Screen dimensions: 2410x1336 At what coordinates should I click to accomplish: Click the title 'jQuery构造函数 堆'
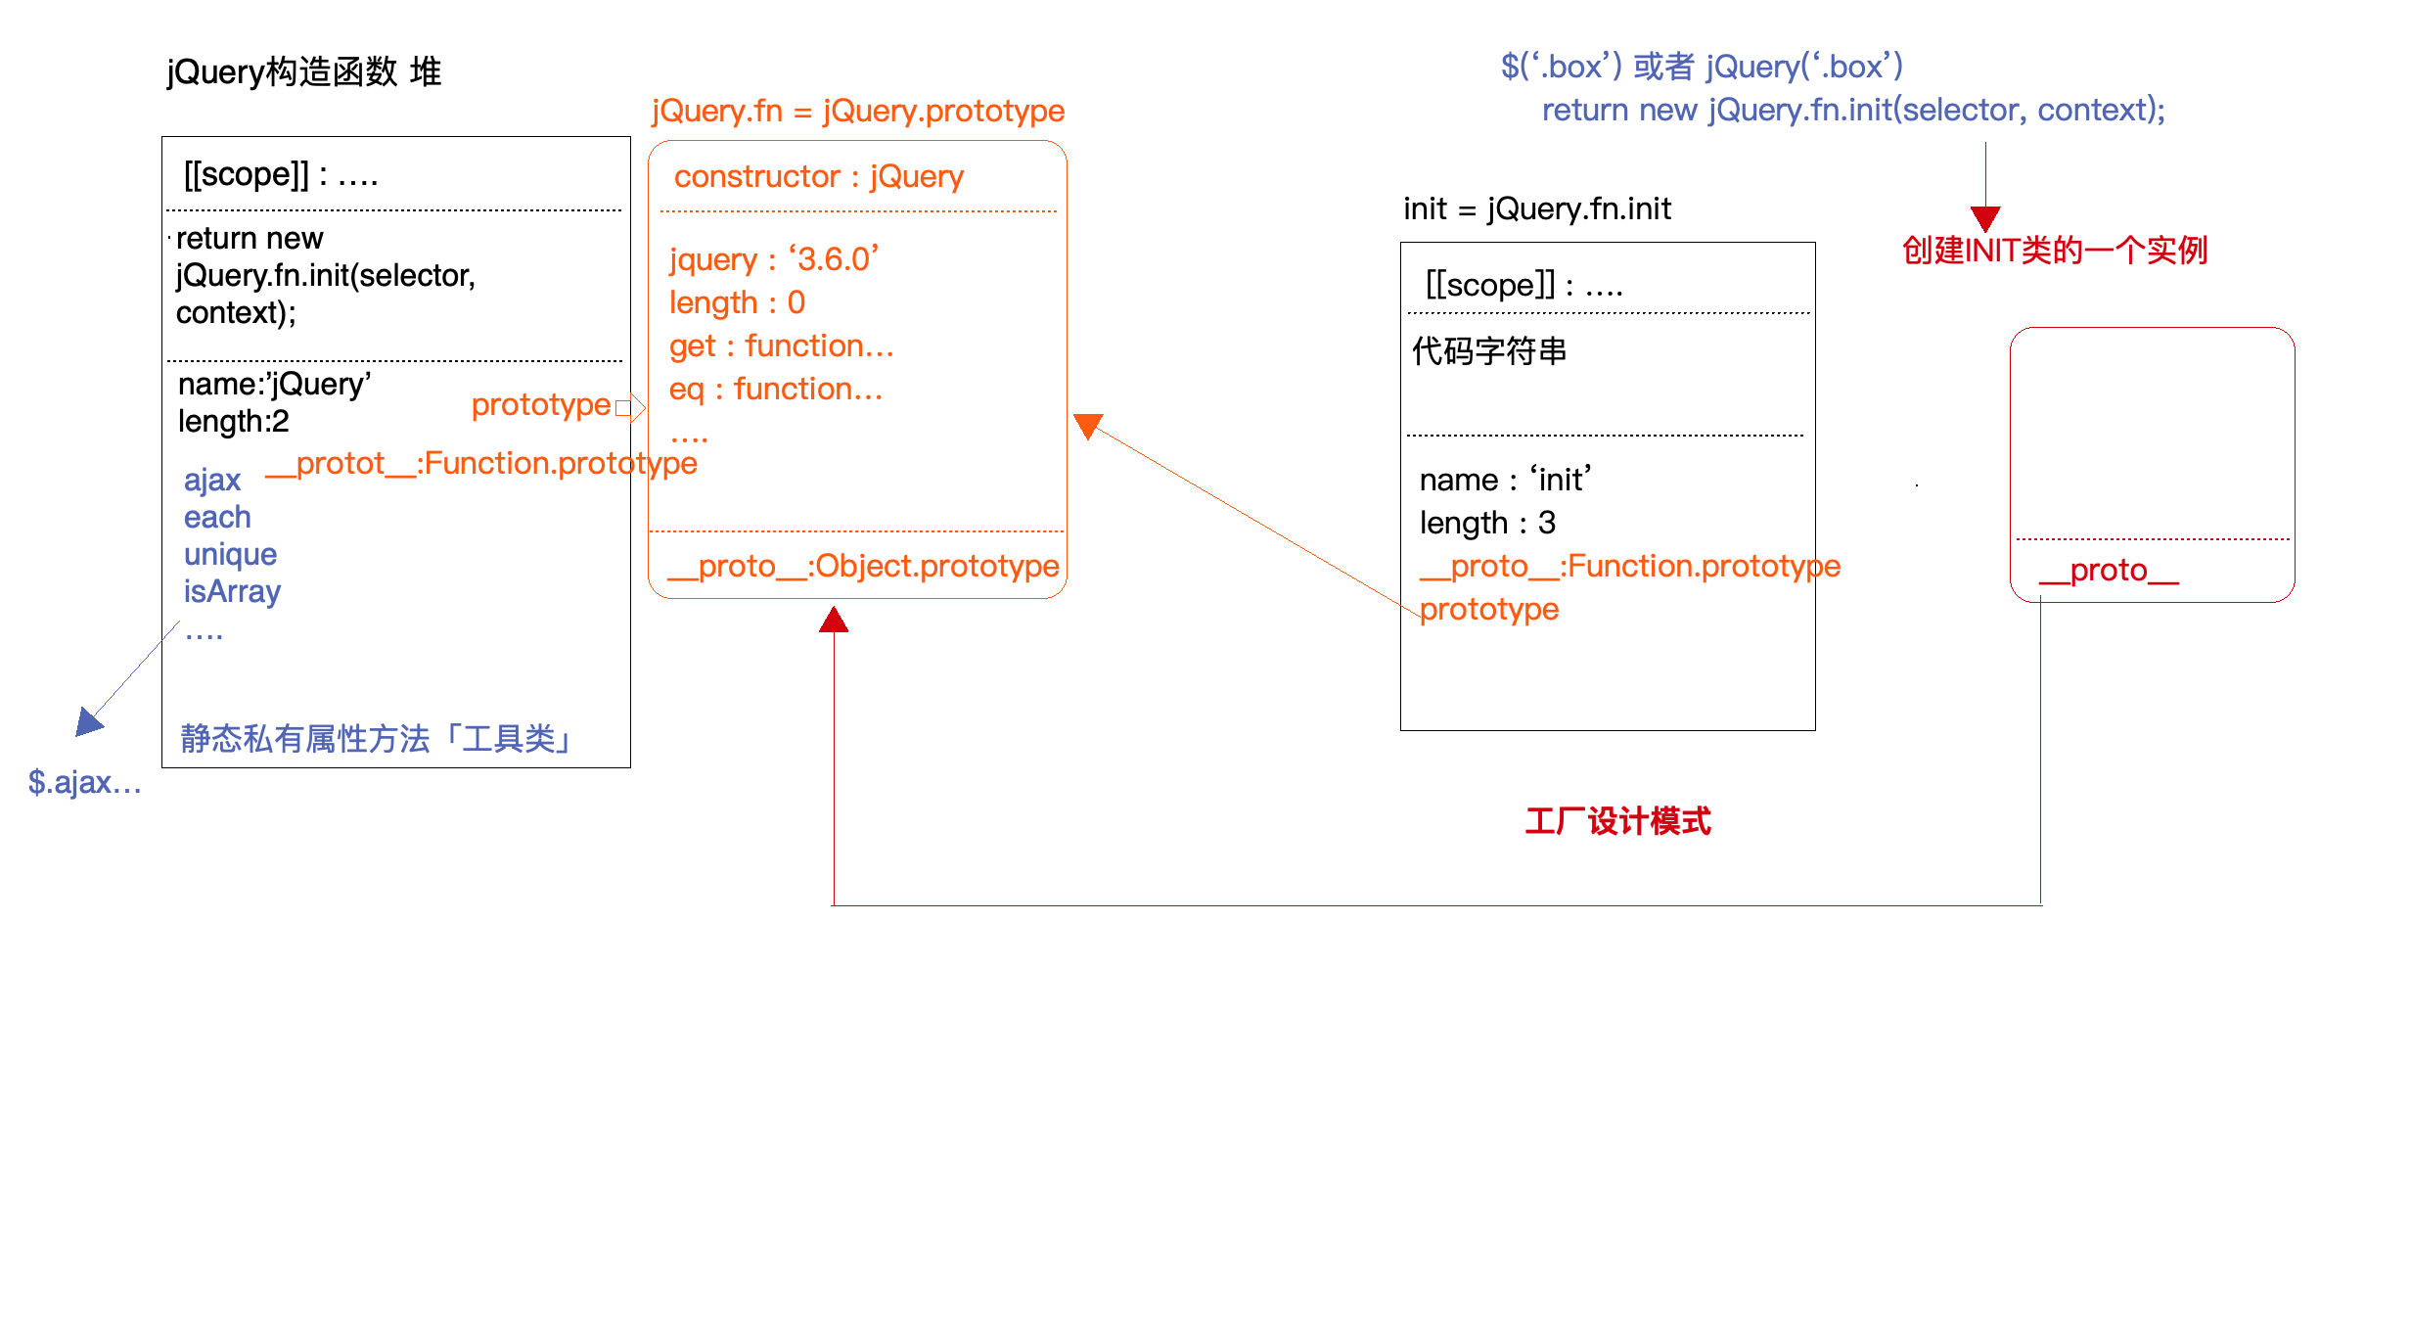point(304,72)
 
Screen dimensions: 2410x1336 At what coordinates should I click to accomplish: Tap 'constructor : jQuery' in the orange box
point(819,177)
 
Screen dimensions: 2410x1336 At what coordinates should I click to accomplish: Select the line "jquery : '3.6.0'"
point(774,259)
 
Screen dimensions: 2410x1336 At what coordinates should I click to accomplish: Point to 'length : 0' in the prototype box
point(737,302)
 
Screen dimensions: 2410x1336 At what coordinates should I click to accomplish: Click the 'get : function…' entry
point(781,346)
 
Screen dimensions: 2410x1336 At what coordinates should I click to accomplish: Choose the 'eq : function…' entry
point(776,389)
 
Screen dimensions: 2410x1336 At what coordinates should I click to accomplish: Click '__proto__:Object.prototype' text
point(863,566)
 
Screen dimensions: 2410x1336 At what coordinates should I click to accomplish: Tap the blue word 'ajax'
point(212,480)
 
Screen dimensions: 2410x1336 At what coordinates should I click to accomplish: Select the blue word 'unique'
point(230,554)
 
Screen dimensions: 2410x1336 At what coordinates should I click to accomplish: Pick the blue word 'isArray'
point(232,591)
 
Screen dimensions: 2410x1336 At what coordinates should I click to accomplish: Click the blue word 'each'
point(217,517)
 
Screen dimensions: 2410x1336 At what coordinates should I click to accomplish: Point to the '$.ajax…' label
point(85,782)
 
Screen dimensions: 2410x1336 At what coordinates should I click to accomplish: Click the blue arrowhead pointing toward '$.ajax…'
point(88,722)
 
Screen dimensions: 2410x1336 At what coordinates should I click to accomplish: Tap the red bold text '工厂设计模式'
point(1618,821)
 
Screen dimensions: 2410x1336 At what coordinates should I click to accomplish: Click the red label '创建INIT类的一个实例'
point(2055,251)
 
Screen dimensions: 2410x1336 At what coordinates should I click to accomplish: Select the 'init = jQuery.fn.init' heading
point(1537,208)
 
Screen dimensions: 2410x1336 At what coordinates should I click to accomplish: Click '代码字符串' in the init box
point(1489,350)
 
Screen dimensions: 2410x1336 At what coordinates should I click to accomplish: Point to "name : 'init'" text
point(1505,480)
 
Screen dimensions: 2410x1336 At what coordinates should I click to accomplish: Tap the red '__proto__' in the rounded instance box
point(2109,570)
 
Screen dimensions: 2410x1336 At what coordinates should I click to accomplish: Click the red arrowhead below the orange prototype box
point(834,620)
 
